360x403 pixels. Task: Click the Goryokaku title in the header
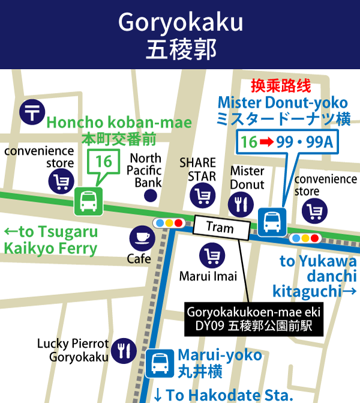pyautogui.click(x=180, y=22)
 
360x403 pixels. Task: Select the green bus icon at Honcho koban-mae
pyautogui.click(x=88, y=201)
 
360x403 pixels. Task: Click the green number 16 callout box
pyautogui.click(x=103, y=162)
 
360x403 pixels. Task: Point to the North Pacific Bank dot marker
pyautogui.click(x=151, y=195)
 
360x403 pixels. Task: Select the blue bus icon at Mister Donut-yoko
pyautogui.click(x=272, y=222)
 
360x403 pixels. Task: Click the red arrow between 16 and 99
pyautogui.click(x=266, y=142)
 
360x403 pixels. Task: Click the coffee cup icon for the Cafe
pyautogui.click(x=142, y=238)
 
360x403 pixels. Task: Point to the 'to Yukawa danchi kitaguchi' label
pyautogui.click(x=315, y=276)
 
